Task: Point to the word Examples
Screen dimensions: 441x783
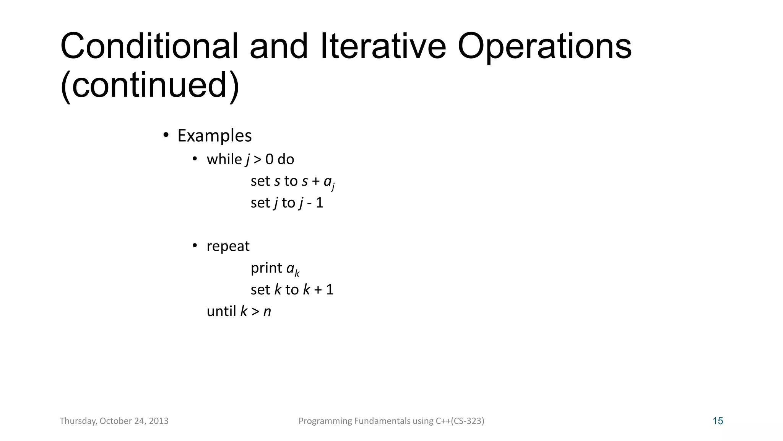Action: coord(214,136)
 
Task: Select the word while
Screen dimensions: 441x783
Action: coord(224,159)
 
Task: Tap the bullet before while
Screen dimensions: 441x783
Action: coord(195,158)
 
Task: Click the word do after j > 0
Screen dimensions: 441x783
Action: coord(286,159)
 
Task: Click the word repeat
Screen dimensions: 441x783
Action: coord(228,246)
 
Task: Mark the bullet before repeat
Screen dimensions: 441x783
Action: coord(195,245)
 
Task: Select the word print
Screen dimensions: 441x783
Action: coord(266,268)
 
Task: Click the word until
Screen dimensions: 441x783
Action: coord(221,311)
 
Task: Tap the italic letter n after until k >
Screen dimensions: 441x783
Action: coord(267,312)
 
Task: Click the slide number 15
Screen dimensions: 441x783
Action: coord(718,421)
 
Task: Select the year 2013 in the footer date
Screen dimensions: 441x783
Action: coord(159,421)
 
